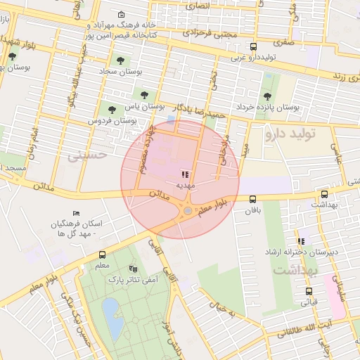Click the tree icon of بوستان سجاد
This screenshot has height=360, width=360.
[122, 60]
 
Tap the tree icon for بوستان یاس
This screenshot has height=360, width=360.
[144, 94]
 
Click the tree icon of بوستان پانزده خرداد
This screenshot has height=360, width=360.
[266, 96]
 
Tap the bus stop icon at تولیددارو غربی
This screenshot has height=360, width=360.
[253, 46]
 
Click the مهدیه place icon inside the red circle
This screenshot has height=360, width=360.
[185, 174]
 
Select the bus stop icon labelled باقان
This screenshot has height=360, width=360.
[252, 199]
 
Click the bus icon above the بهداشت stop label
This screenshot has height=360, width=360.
[323, 195]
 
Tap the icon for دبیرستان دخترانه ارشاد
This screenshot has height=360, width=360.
[301, 240]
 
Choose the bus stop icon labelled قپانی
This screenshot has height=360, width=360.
[309, 291]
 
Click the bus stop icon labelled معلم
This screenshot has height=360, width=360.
[103, 255]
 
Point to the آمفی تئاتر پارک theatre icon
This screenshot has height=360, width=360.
[133, 269]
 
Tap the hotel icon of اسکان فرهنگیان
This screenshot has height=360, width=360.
[77, 213]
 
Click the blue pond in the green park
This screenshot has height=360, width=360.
[110, 310]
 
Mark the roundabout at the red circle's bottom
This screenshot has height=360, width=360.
[188, 210]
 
